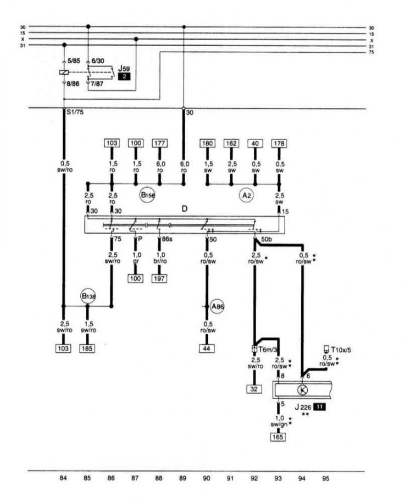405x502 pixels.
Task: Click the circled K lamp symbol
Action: (x=301, y=390)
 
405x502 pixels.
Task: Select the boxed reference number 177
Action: (x=159, y=144)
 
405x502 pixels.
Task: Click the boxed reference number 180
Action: (x=207, y=144)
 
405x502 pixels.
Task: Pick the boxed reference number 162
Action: (x=231, y=144)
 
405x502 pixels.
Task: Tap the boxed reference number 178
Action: (x=279, y=144)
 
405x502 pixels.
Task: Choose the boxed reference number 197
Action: (x=159, y=278)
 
